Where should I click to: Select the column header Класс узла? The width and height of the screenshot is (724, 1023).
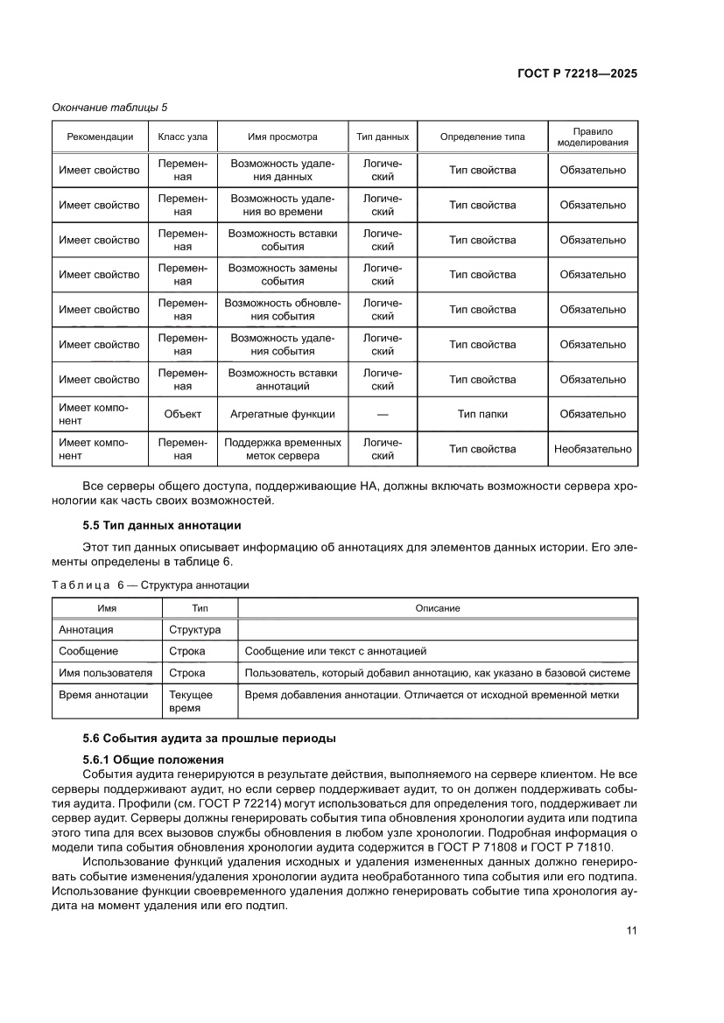click(182, 137)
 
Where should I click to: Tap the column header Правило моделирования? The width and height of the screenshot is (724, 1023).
click(593, 137)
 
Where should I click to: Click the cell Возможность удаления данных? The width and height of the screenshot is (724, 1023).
click(282, 170)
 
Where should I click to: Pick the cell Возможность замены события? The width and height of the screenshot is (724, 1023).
click(282, 275)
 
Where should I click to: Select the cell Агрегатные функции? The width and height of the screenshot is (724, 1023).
click(282, 414)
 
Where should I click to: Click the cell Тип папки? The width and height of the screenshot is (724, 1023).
click(482, 414)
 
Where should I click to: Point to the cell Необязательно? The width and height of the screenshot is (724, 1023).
click(593, 449)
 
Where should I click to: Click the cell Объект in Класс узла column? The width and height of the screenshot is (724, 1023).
click(182, 414)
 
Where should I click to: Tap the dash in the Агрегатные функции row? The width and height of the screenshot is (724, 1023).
click(383, 415)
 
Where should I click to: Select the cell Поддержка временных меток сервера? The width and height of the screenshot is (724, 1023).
click(282, 449)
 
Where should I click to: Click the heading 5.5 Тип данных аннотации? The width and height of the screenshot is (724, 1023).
click(161, 526)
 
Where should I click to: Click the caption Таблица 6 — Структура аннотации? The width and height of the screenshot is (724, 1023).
click(151, 585)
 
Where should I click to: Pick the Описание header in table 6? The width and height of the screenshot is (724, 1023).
click(438, 608)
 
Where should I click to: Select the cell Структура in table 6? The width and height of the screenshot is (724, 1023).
click(194, 629)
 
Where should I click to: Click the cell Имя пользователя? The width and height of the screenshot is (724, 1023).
click(105, 673)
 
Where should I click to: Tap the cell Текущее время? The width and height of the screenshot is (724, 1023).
click(190, 702)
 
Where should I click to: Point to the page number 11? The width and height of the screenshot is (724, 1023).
click(630, 930)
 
